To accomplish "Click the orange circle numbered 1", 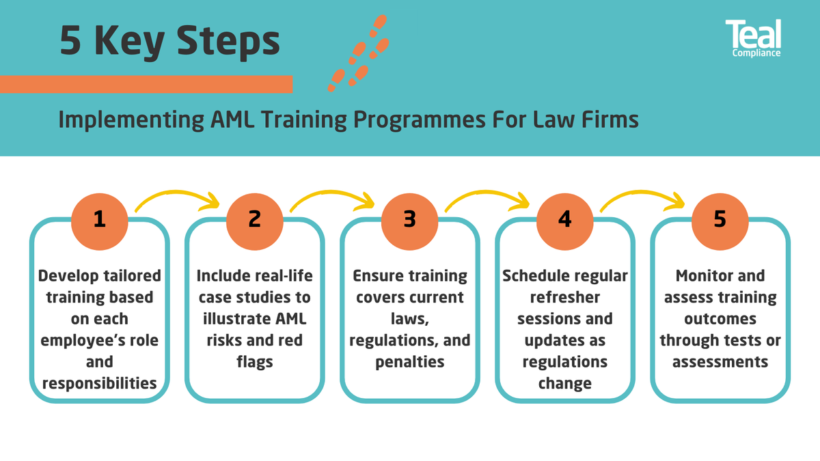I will pyautogui.click(x=100, y=219).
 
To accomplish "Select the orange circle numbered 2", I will pyautogui.click(x=254, y=219).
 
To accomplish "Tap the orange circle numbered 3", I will pyautogui.click(x=409, y=219).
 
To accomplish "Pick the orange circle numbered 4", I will pyautogui.click(x=564, y=219).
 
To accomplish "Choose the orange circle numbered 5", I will pyautogui.click(x=720, y=219).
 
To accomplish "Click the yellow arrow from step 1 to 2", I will pyautogui.click(x=178, y=199).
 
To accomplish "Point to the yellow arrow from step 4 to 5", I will pyautogui.click(x=642, y=199).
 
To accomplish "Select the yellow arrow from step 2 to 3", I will pyautogui.click(x=332, y=199).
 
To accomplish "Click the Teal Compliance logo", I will pyautogui.click(x=753, y=38).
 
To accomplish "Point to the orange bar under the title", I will pyautogui.click(x=146, y=84).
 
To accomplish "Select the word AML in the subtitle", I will pyautogui.click(x=238, y=120).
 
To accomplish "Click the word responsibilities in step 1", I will pyautogui.click(x=100, y=383).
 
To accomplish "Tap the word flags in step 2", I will pyautogui.click(x=254, y=362).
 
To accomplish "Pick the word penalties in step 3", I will pyautogui.click(x=409, y=362).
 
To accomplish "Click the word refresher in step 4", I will pyautogui.click(x=564, y=298).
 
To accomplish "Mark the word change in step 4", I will pyautogui.click(x=564, y=383).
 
